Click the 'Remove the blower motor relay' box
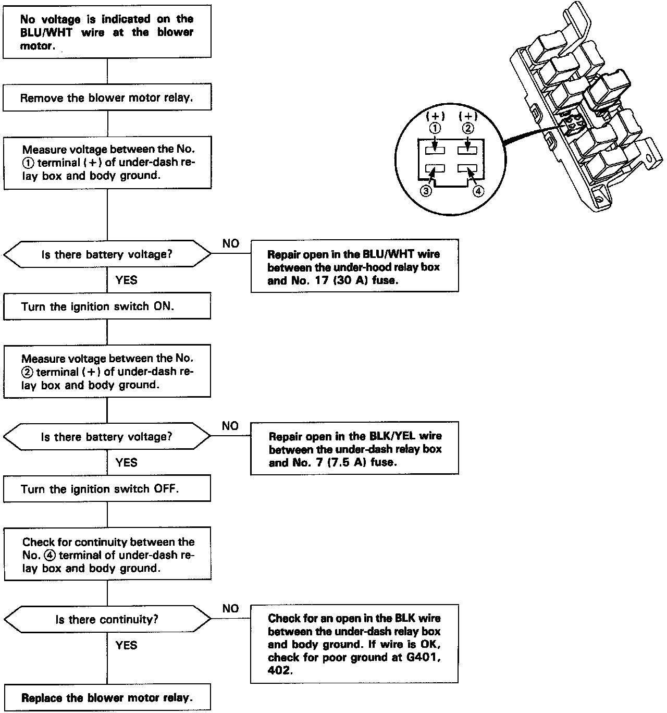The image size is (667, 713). click(107, 98)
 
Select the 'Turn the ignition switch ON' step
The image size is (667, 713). click(107, 306)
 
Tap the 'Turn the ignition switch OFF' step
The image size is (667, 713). click(107, 489)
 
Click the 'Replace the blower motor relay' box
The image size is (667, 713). click(107, 698)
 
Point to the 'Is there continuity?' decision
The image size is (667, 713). click(107, 620)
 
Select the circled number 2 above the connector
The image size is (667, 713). click(468, 128)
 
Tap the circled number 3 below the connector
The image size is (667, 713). click(426, 191)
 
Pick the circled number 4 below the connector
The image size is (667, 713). click(478, 191)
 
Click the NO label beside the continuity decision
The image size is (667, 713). click(230, 609)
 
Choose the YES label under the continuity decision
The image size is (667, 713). click(126, 645)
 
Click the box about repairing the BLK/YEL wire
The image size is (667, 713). click(354, 449)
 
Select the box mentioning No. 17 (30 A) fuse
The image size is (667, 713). click(354, 266)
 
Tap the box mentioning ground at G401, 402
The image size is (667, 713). click(354, 644)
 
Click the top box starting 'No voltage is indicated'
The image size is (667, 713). click(107, 32)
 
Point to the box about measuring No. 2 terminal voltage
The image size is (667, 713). click(107, 372)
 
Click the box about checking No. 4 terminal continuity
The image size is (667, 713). click(107, 555)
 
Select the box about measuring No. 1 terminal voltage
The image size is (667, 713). click(107, 163)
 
